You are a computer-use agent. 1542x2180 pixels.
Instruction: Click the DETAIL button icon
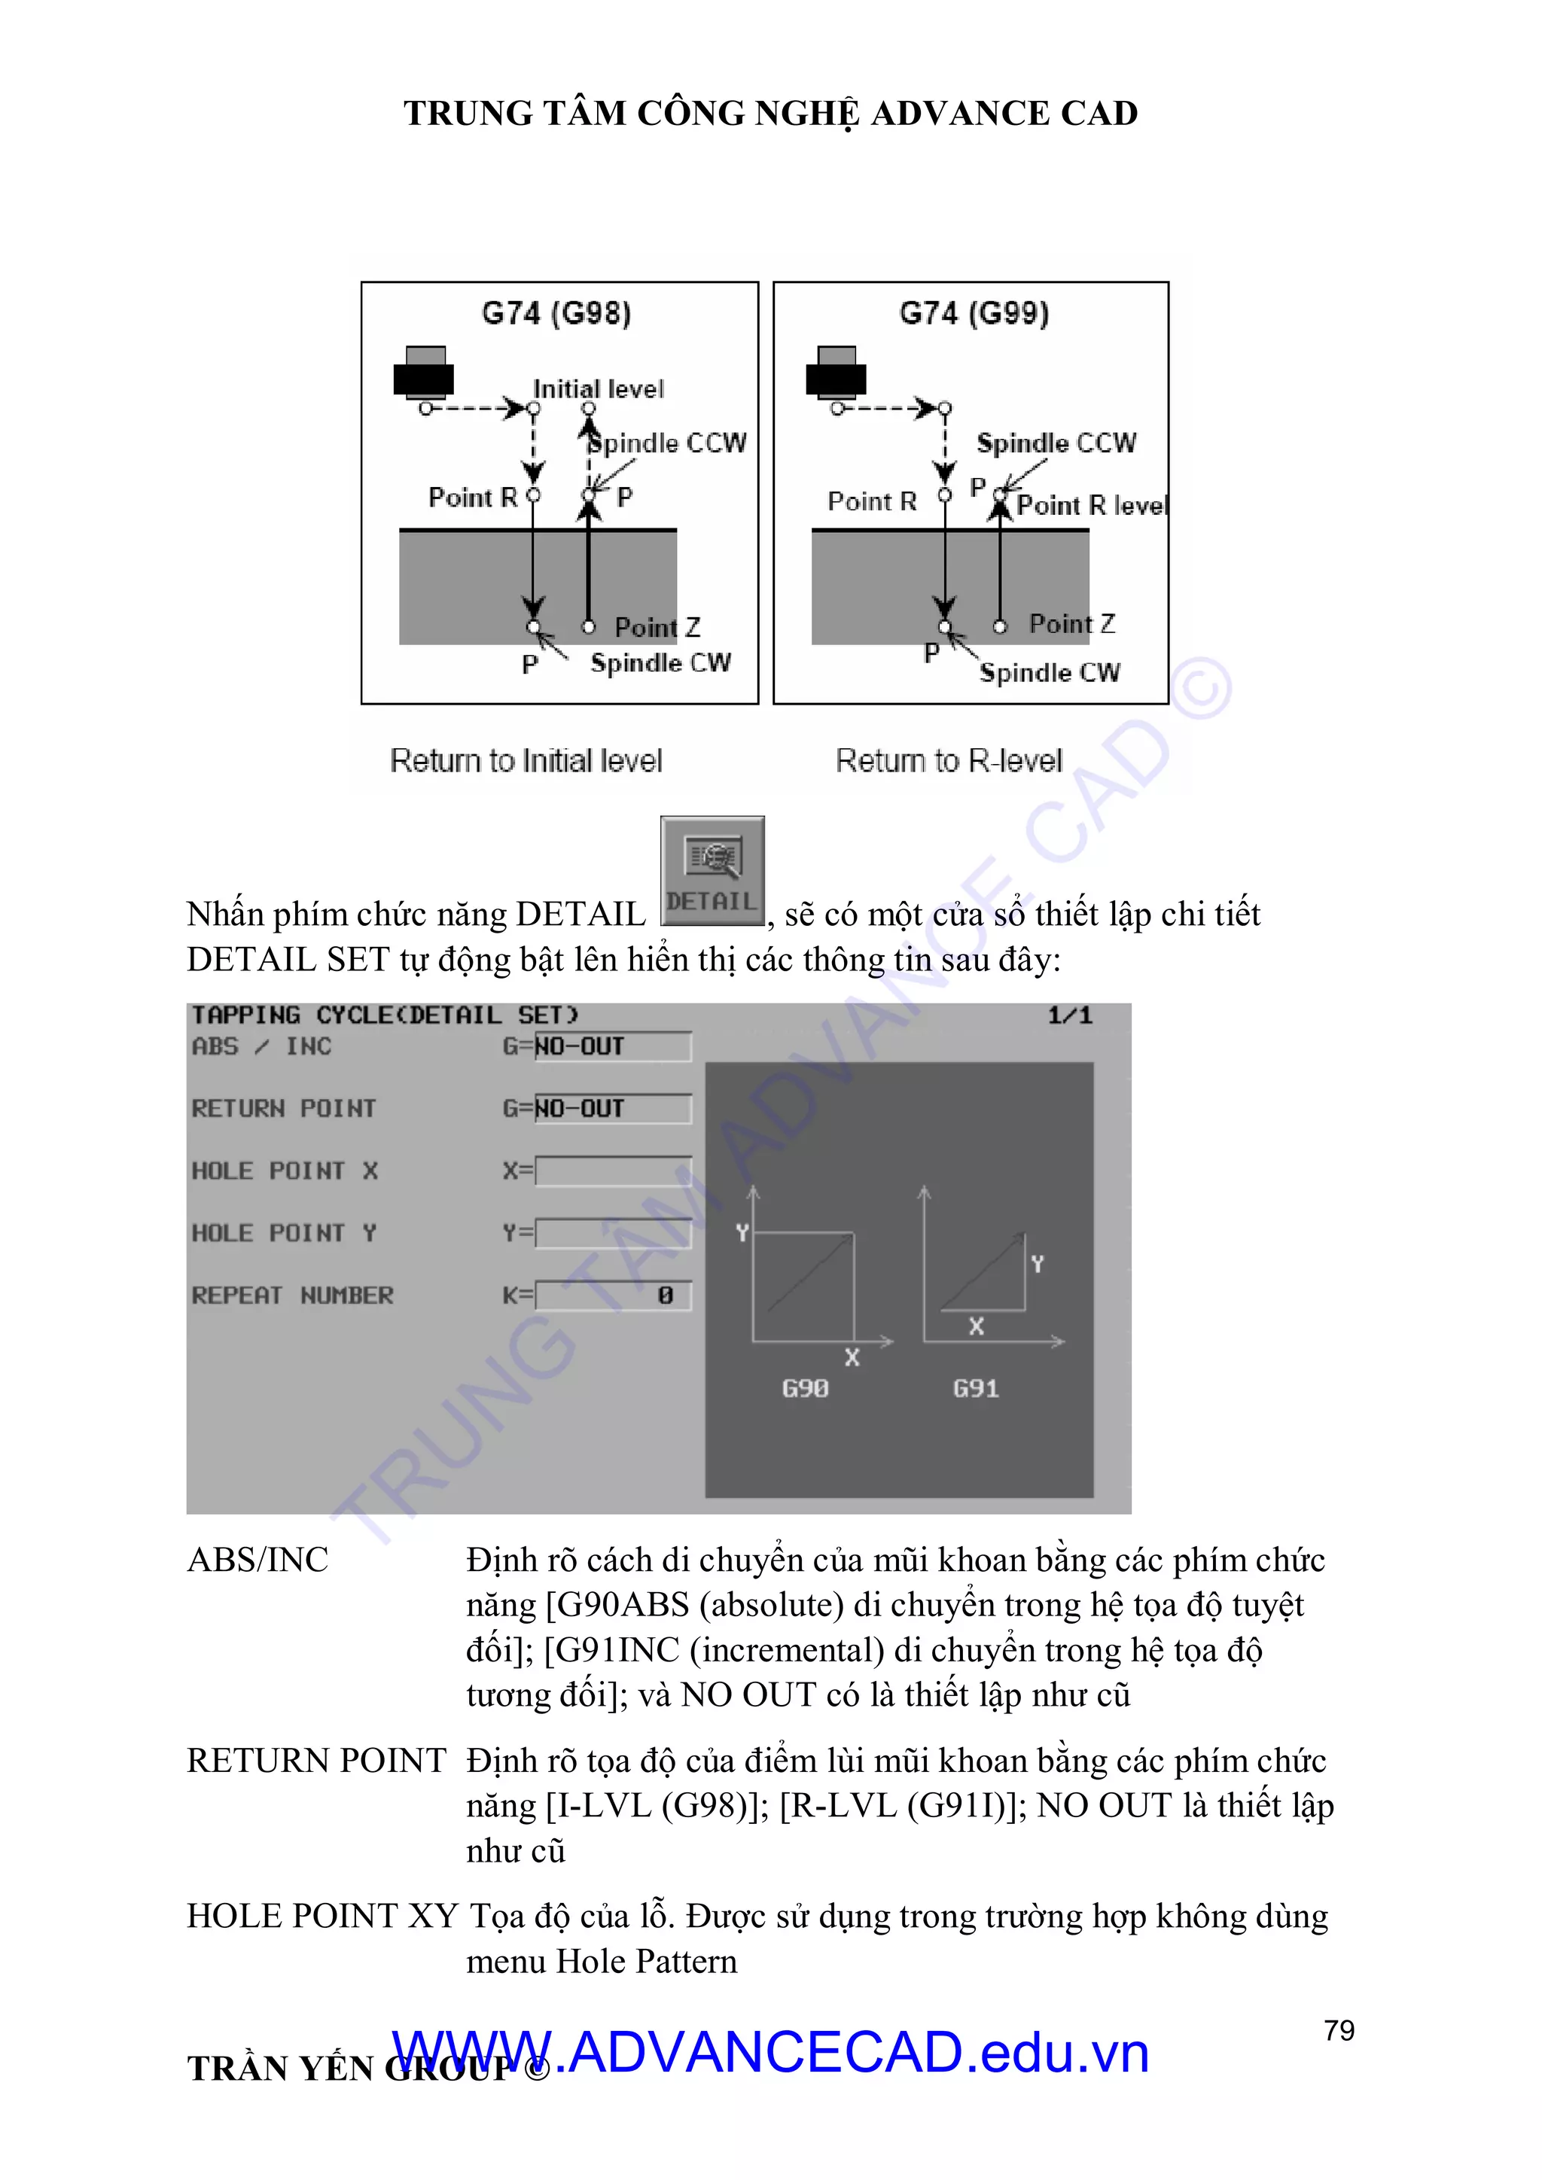[712, 869]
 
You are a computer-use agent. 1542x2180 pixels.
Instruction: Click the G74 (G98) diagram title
[556, 313]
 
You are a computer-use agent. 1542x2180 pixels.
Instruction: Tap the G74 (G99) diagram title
[974, 313]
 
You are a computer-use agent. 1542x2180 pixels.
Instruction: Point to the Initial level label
[598, 389]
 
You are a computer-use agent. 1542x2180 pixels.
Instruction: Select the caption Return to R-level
[949, 760]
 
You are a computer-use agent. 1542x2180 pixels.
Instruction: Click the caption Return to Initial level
[526, 760]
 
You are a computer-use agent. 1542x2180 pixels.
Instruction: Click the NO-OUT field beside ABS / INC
[612, 1046]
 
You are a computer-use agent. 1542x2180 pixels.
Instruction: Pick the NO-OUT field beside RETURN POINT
[612, 1109]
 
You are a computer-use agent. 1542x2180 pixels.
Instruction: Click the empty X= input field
[612, 1171]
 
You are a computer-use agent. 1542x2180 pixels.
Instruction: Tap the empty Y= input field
[612, 1233]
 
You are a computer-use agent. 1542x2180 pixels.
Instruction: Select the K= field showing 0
[612, 1295]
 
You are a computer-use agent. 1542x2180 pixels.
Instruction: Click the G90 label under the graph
[805, 1388]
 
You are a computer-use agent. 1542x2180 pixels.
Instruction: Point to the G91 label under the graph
[976, 1388]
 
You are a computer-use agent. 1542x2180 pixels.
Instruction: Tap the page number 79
[1339, 2031]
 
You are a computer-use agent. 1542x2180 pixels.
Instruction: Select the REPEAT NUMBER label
[292, 1295]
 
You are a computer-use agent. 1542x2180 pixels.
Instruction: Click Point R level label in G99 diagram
[1092, 506]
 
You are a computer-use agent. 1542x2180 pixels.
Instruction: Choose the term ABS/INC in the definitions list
[258, 1560]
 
